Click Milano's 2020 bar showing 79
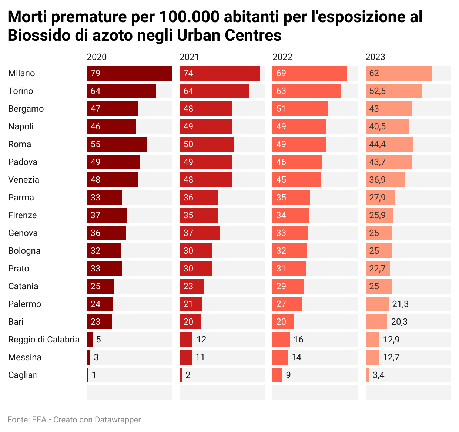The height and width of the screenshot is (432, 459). click(x=130, y=73)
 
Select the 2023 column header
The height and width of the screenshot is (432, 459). click(x=375, y=57)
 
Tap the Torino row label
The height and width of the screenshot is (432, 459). click(x=21, y=91)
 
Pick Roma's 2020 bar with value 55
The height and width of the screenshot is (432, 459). click(x=117, y=144)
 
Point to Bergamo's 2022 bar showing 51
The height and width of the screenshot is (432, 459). click(x=300, y=109)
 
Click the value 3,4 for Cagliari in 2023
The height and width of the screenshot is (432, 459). click(x=378, y=375)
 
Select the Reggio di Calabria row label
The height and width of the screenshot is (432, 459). click(x=44, y=340)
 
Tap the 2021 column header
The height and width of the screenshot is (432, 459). click(x=190, y=57)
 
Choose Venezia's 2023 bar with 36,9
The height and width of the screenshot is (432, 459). click(x=385, y=180)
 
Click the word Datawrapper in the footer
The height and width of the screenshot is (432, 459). click(x=118, y=420)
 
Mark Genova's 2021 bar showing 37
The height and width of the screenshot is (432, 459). click(x=200, y=233)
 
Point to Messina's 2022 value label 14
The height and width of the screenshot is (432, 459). click(x=296, y=357)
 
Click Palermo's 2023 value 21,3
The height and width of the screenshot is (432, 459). click(x=400, y=304)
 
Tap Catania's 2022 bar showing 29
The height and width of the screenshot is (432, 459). click(x=288, y=286)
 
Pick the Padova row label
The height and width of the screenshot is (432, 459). click(x=23, y=162)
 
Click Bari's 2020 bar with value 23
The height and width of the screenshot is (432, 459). click(x=99, y=322)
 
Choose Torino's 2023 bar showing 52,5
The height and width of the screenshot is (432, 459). click(x=394, y=91)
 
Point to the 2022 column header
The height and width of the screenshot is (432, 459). click(x=282, y=57)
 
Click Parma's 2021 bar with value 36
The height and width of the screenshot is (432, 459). click(x=199, y=198)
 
